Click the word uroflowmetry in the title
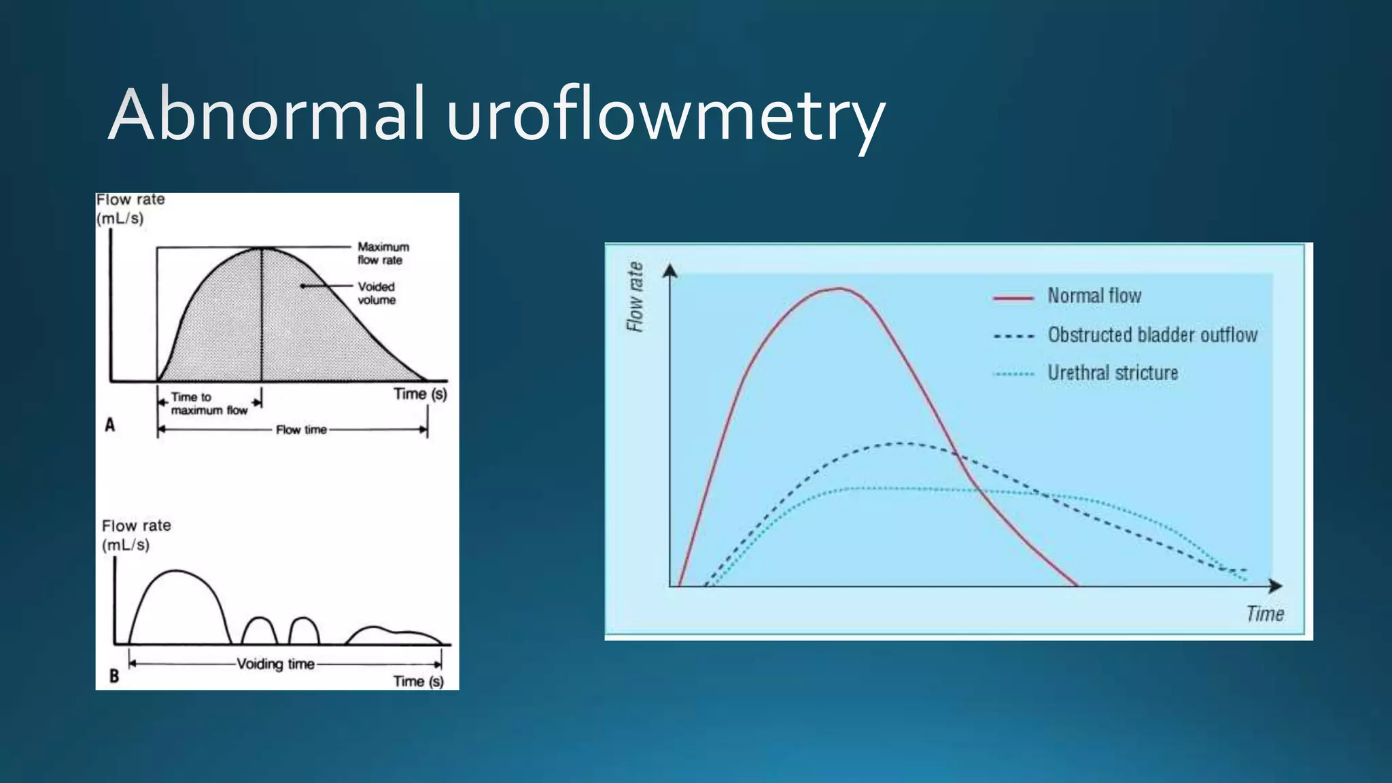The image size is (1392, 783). pos(665,116)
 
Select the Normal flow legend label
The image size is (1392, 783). pos(1094,296)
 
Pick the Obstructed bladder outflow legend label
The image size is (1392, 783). pos(1152,335)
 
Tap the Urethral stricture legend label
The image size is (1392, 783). pos(1113,373)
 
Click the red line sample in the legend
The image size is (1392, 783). pos(1013,298)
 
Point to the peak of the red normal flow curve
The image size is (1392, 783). pos(840,288)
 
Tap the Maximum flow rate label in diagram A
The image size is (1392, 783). pos(383,254)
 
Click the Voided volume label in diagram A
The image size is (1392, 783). pos(377,294)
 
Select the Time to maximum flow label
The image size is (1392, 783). pos(208,404)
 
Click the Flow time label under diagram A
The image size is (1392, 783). pos(301,430)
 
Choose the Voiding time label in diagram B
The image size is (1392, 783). pos(275,664)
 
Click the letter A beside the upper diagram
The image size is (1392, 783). pos(110,425)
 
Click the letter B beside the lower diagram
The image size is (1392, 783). pos(114,676)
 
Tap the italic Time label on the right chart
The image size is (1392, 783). pos(1265,614)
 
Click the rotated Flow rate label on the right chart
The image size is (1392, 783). pos(635,297)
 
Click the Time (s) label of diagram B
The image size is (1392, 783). pos(418,682)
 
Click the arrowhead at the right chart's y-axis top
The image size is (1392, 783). pos(670,271)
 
